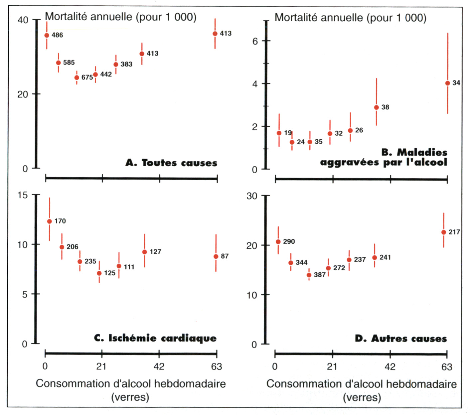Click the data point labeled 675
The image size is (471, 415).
pyautogui.click(x=77, y=77)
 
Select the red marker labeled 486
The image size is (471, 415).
pyautogui.click(x=47, y=35)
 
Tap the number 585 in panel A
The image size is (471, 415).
pyautogui.click(x=69, y=63)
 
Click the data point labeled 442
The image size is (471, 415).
pyautogui.click(x=95, y=74)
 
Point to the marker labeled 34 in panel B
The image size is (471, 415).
pyautogui.click(x=448, y=83)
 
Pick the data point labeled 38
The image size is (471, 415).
pyautogui.click(x=377, y=107)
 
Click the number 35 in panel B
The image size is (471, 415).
pyautogui.click(x=318, y=142)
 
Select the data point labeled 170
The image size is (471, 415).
pyautogui.click(x=50, y=221)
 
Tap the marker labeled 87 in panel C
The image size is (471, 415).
pyautogui.click(x=216, y=256)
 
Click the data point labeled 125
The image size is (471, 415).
pyautogui.click(x=99, y=273)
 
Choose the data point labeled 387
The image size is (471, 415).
pyautogui.click(x=309, y=275)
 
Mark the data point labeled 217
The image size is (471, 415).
pyautogui.click(x=444, y=232)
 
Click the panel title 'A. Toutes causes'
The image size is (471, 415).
pyautogui.click(x=171, y=163)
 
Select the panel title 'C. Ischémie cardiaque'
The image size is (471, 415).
pyautogui.click(x=155, y=338)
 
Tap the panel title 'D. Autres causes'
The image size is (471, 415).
pyautogui.click(x=400, y=339)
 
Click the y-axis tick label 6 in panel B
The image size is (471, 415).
pyautogui.click(x=255, y=41)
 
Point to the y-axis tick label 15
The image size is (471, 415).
pyautogui.click(x=23, y=195)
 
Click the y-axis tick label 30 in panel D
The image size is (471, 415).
pyautogui.click(x=252, y=196)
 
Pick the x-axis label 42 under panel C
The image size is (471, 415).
pyautogui.click(x=159, y=366)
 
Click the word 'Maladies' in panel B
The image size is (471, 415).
pyautogui.click(x=422, y=152)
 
